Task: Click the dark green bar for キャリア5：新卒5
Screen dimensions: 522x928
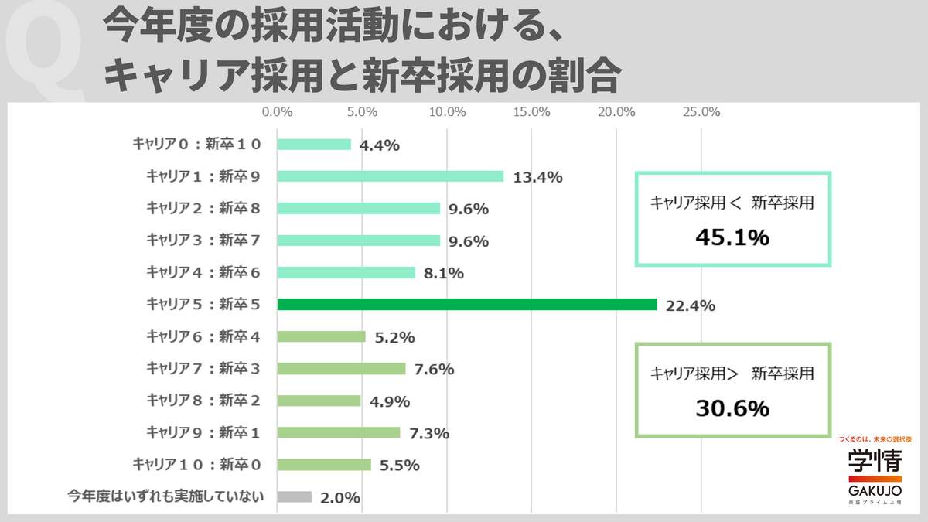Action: click(466, 305)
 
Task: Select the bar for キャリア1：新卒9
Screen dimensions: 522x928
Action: click(390, 176)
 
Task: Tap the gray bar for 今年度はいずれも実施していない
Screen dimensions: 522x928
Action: click(294, 497)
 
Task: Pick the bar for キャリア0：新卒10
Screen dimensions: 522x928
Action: click(313, 145)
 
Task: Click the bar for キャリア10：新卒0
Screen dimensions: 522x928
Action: click(323, 465)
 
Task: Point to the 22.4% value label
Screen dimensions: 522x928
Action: click(691, 305)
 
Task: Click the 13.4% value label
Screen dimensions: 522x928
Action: click(537, 177)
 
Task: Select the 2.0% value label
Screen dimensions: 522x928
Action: click(339, 498)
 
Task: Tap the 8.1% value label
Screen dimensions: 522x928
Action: click(444, 273)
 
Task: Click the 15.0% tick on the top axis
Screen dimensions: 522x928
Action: click(532, 112)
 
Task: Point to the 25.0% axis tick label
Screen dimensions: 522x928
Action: click(701, 112)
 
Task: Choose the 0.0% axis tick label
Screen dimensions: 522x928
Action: click(277, 112)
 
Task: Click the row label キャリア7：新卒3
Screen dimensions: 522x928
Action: click(203, 368)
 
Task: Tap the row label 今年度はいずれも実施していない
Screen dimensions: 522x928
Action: click(166, 496)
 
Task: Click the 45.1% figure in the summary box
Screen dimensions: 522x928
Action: click(732, 237)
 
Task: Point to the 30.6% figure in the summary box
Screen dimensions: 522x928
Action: click(732, 408)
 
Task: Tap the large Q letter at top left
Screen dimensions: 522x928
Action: click(46, 54)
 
